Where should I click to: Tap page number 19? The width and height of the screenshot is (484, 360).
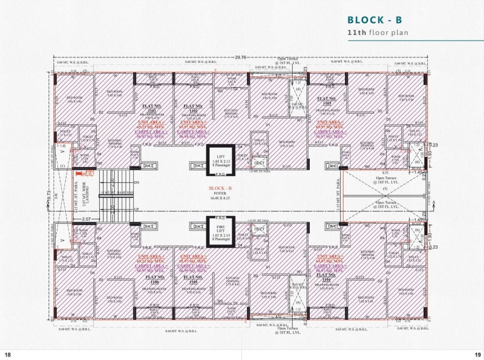(476, 354)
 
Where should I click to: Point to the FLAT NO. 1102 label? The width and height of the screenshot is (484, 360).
(192, 108)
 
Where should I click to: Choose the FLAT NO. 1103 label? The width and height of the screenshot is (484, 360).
(327, 100)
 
